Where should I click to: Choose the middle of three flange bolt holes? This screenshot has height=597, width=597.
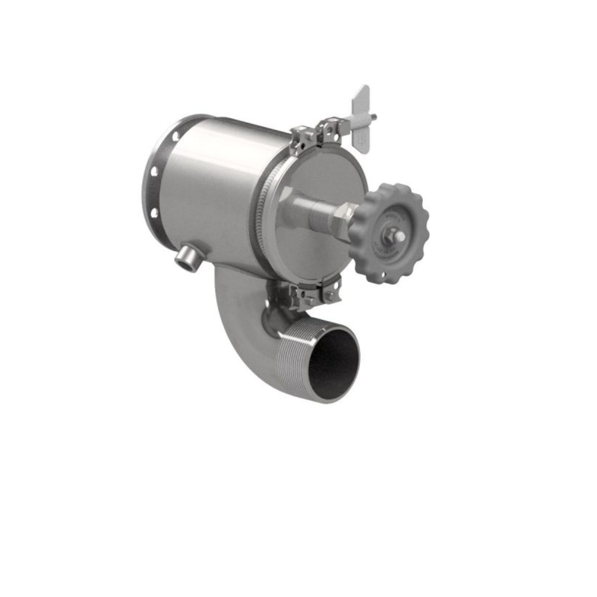pyautogui.click(x=154, y=172)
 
